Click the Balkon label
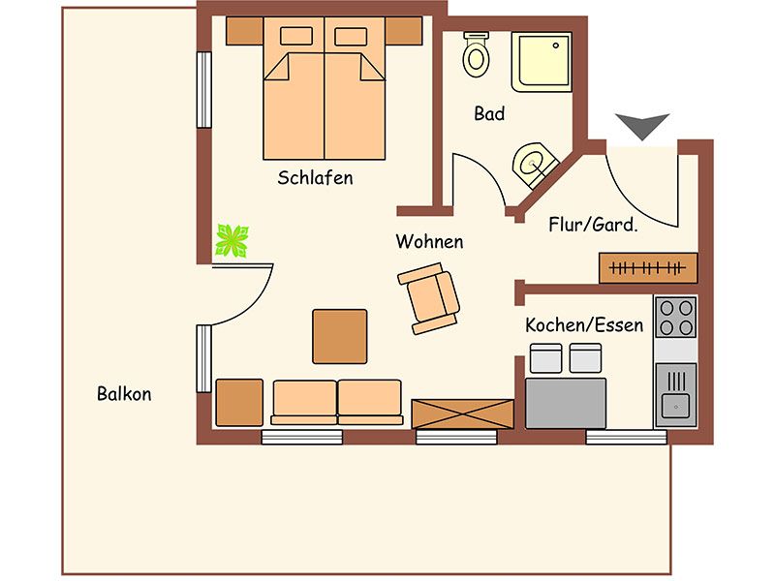124,394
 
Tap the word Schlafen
316,177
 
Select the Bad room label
489,113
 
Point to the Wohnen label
429,241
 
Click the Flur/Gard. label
593,225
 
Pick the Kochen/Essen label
584,325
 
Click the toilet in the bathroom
477,54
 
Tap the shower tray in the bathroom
542,62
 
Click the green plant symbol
232,240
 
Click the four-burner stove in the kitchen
676,318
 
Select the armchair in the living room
428,298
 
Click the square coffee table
340,336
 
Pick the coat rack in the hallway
648,268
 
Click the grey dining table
566,403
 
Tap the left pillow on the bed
296,36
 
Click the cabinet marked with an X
463,414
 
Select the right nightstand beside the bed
404,31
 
